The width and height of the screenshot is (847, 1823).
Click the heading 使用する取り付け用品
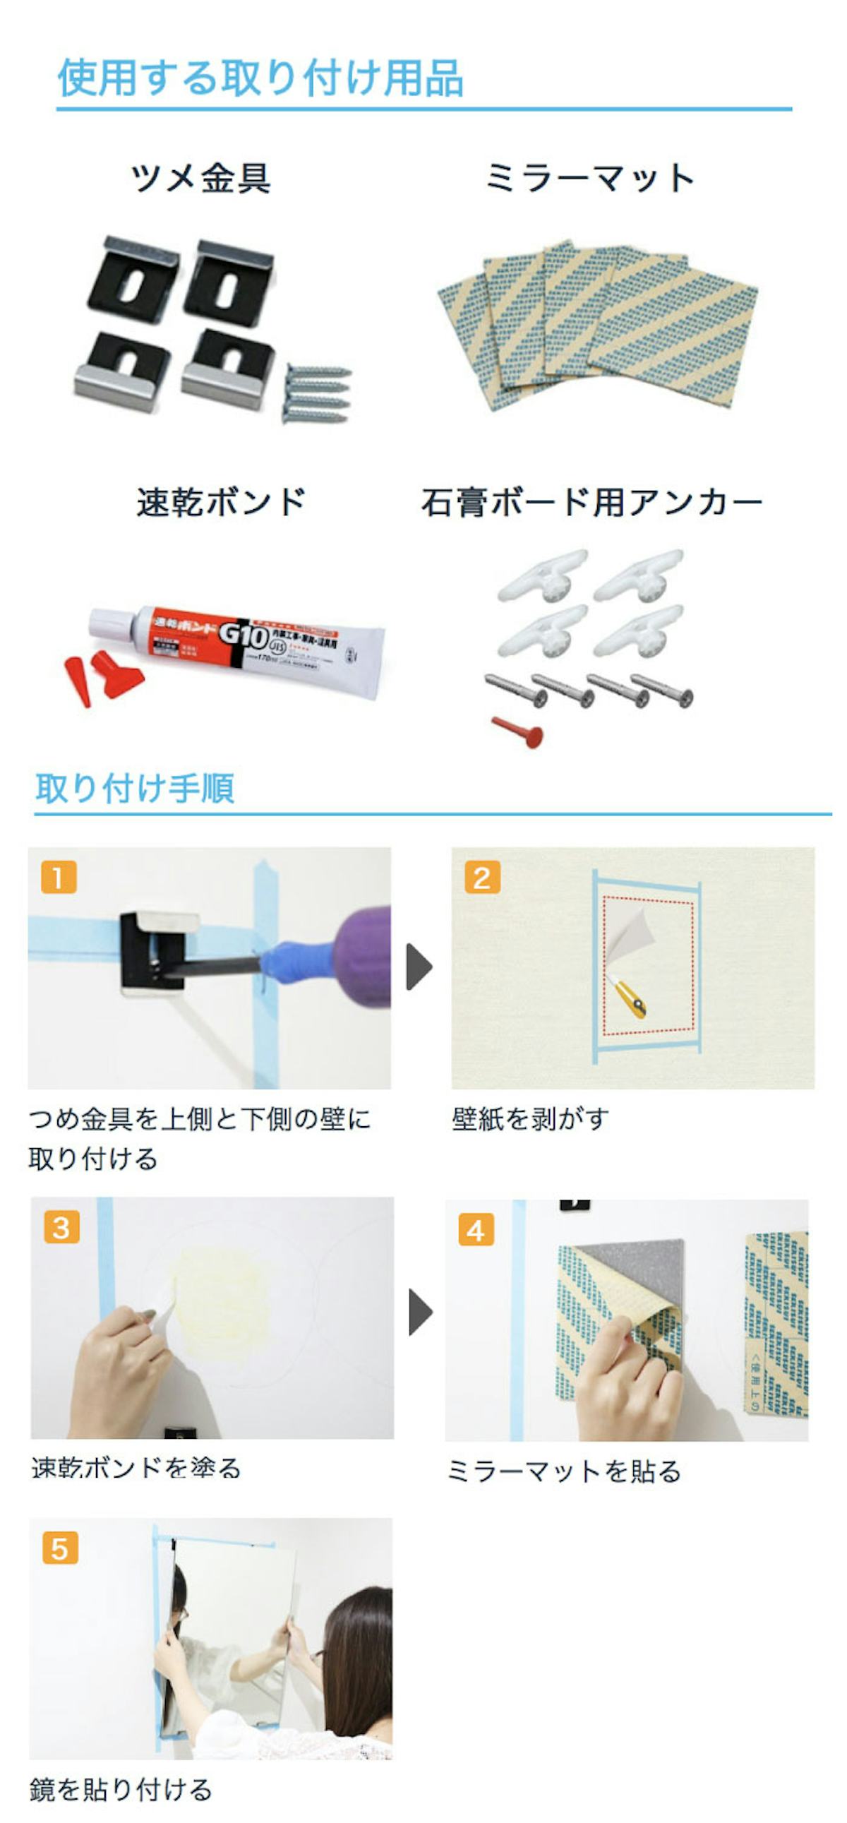point(260,77)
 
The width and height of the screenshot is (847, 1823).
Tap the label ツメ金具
point(201,178)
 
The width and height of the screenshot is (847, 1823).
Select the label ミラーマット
point(589,178)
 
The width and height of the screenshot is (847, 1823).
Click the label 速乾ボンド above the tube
point(221,502)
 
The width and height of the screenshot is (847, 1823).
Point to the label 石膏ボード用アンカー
point(591,503)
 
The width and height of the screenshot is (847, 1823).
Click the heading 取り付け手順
point(134,788)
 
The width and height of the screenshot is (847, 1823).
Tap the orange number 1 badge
point(59,878)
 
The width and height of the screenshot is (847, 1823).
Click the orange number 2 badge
point(482,878)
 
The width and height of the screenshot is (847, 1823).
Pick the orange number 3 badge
point(61,1227)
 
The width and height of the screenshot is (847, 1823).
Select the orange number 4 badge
point(476,1230)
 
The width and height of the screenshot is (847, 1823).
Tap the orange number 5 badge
point(60,1548)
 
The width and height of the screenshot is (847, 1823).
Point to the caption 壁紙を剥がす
point(530,1119)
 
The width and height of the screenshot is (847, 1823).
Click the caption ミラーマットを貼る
point(564,1471)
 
